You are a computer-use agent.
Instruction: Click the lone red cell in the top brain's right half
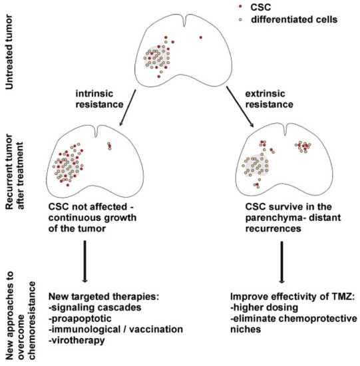[200, 37]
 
